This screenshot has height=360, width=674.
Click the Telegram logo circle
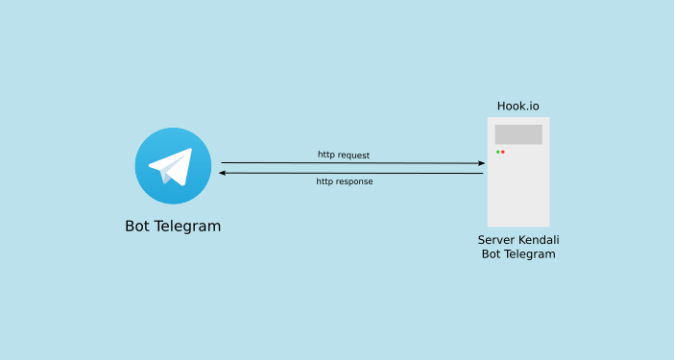pyautogui.click(x=173, y=166)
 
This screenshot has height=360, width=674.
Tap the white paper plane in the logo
pyautogui.click(x=174, y=164)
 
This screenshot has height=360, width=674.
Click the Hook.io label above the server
pyautogui.click(x=518, y=106)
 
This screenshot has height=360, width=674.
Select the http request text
pyautogui.click(x=344, y=155)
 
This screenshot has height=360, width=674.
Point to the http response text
pyautogui.click(x=345, y=181)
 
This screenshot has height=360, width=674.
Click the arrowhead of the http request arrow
pyautogui.click(x=481, y=163)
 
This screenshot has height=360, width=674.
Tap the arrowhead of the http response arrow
pyautogui.click(x=223, y=173)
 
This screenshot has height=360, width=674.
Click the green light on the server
pyautogui.click(x=497, y=152)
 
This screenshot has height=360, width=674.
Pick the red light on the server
pyautogui.click(x=503, y=152)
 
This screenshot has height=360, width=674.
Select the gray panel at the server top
pyautogui.click(x=518, y=134)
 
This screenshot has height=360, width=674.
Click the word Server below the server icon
pyautogui.click(x=497, y=239)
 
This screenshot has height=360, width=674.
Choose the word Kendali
pyautogui.click(x=540, y=239)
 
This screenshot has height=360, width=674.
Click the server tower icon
pyautogui.click(x=518, y=182)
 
